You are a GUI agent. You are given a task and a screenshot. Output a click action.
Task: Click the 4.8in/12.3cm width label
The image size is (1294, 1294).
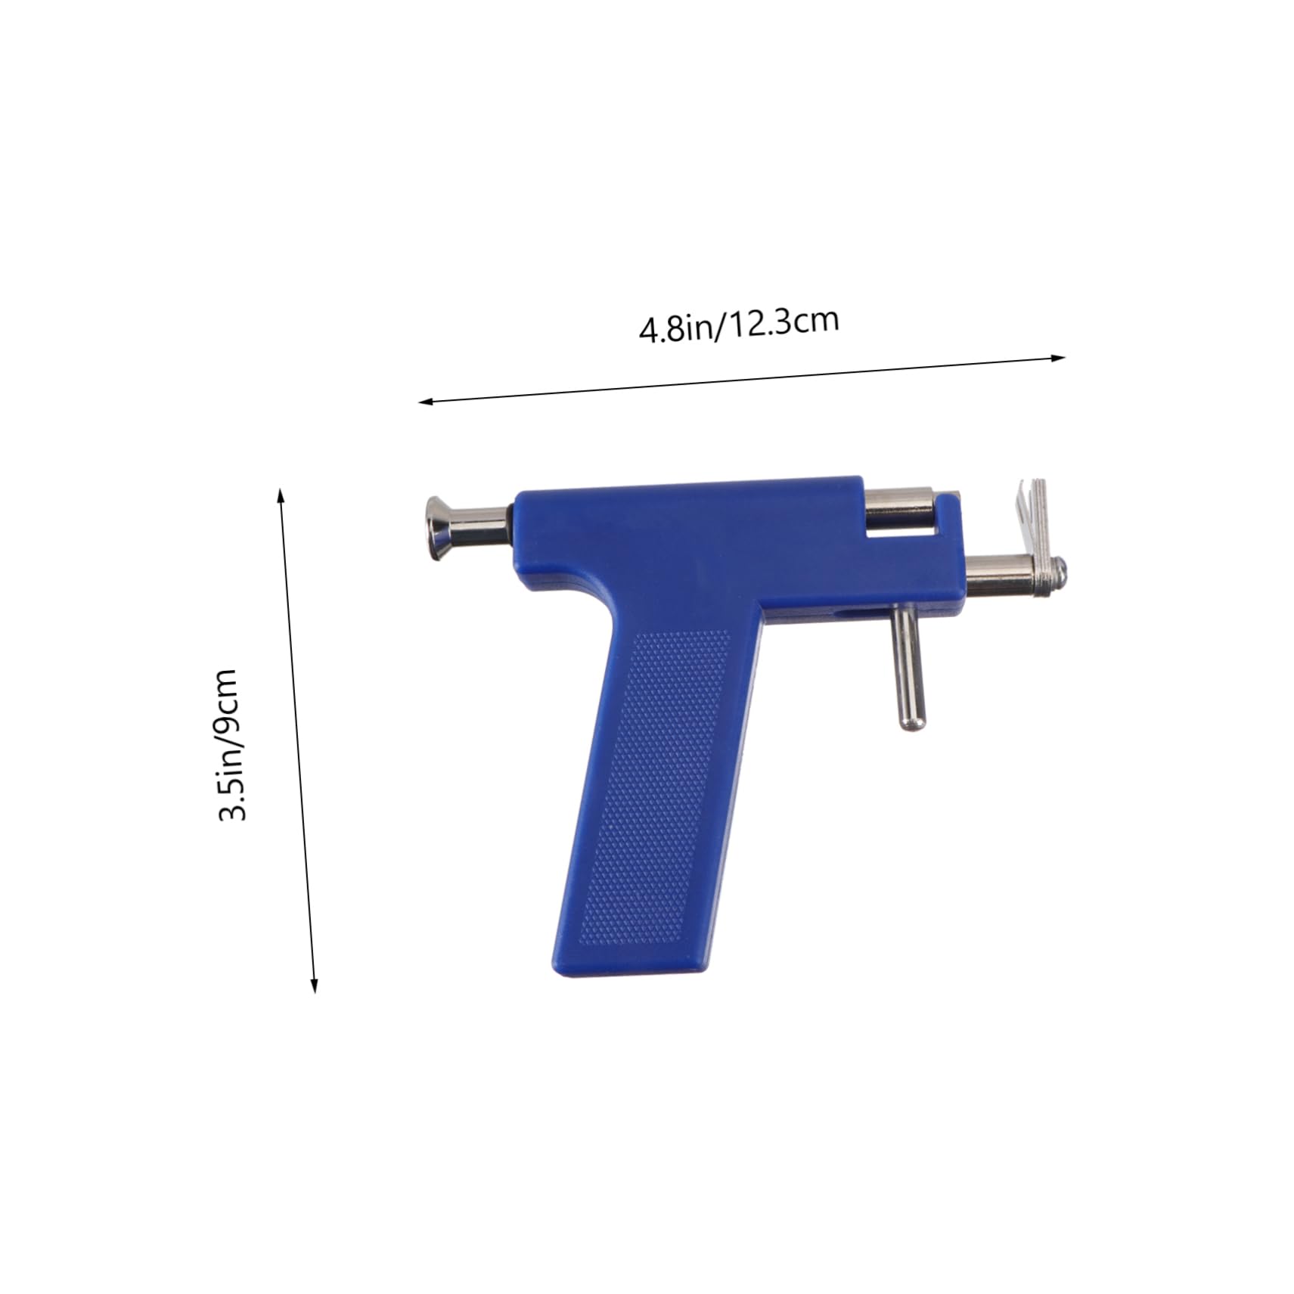pos(739,324)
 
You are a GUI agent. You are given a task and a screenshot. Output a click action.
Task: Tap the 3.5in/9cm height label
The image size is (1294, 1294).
pos(228,744)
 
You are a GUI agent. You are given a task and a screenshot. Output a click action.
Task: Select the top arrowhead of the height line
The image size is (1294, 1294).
pos(281,495)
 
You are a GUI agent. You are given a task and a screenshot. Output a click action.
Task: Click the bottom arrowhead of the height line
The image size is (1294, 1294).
pos(315,985)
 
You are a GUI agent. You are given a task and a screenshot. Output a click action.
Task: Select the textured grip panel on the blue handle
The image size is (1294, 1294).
pos(655,787)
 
